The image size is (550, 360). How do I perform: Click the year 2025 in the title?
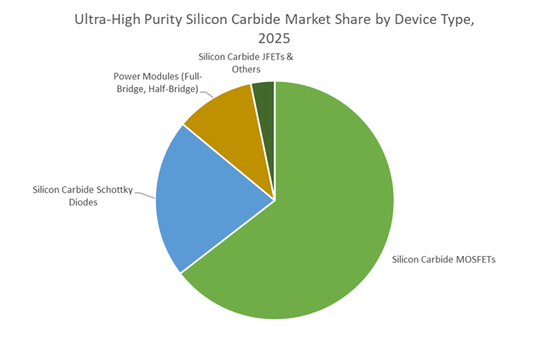tap(275, 38)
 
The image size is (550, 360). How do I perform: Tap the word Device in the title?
tap(425, 19)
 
